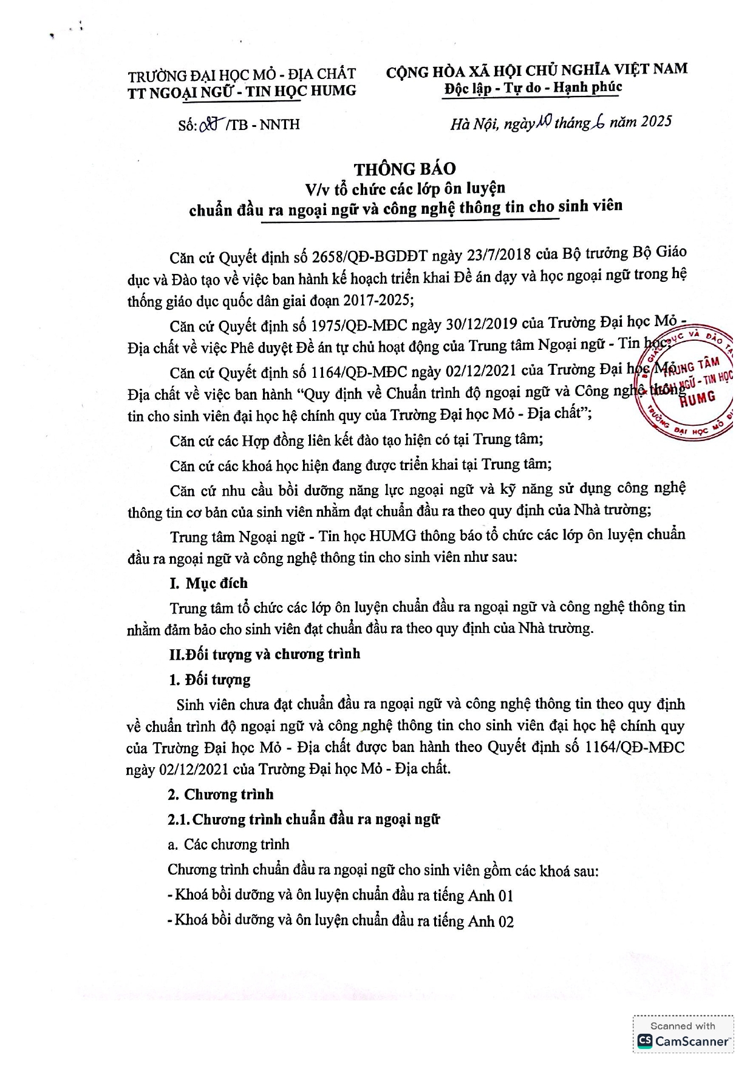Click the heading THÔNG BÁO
(x=404, y=169)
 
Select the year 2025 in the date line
(x=656, y=121)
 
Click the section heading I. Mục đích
(x=208, y=583)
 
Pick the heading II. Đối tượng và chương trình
(x=265, y=654)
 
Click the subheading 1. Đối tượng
(x=210, y=680)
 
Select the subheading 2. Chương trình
(x=220, y=794)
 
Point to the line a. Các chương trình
(x=228, y=844)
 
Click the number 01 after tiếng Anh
(x=505, y=896)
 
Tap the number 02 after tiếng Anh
(x=505, y=921)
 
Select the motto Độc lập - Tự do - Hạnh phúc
(x=533, y=88)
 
